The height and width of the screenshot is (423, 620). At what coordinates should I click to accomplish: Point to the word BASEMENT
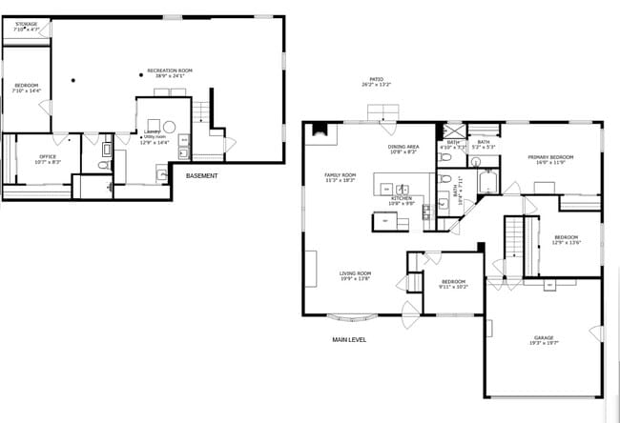click(x=201, y=176)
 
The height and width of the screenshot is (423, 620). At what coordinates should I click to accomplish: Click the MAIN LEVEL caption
click(x=348, y=340)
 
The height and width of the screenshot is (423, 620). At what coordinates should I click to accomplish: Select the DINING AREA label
click(x=403, y=149)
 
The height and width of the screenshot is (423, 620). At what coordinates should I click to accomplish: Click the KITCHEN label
click(x=401, y=198)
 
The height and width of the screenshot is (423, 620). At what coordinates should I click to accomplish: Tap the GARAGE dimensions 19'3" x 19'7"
click(x=544, y=344)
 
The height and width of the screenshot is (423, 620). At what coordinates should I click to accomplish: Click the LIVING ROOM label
click(x=355, y=275)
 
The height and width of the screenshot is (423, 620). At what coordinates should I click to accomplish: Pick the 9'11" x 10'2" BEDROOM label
click(x=452, y=283)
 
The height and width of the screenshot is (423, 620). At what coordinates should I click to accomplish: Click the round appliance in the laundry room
click(x=169, y=126)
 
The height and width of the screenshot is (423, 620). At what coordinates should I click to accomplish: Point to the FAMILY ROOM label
click(x=340, y=176)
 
